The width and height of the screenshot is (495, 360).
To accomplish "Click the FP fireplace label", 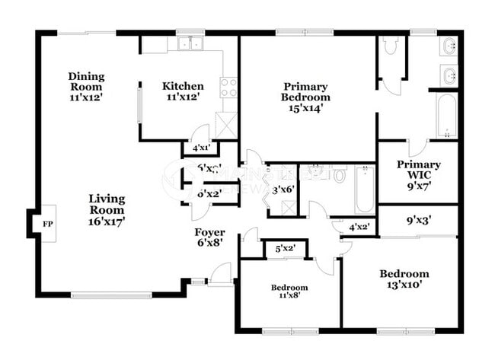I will [47, 225].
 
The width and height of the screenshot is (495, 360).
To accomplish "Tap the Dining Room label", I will [85, 81].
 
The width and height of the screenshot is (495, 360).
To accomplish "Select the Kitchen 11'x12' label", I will [183, 91].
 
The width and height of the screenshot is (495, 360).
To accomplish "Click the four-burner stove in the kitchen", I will [228, 88].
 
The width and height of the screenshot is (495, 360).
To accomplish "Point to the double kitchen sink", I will [190, 44].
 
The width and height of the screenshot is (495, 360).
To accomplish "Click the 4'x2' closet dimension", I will [359, 227].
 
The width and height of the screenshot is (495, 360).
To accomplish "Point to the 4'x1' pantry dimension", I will [201, 148].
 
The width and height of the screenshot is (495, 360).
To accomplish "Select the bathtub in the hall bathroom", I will [364, 190].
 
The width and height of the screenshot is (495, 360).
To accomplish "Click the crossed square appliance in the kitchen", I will [227, 123].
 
